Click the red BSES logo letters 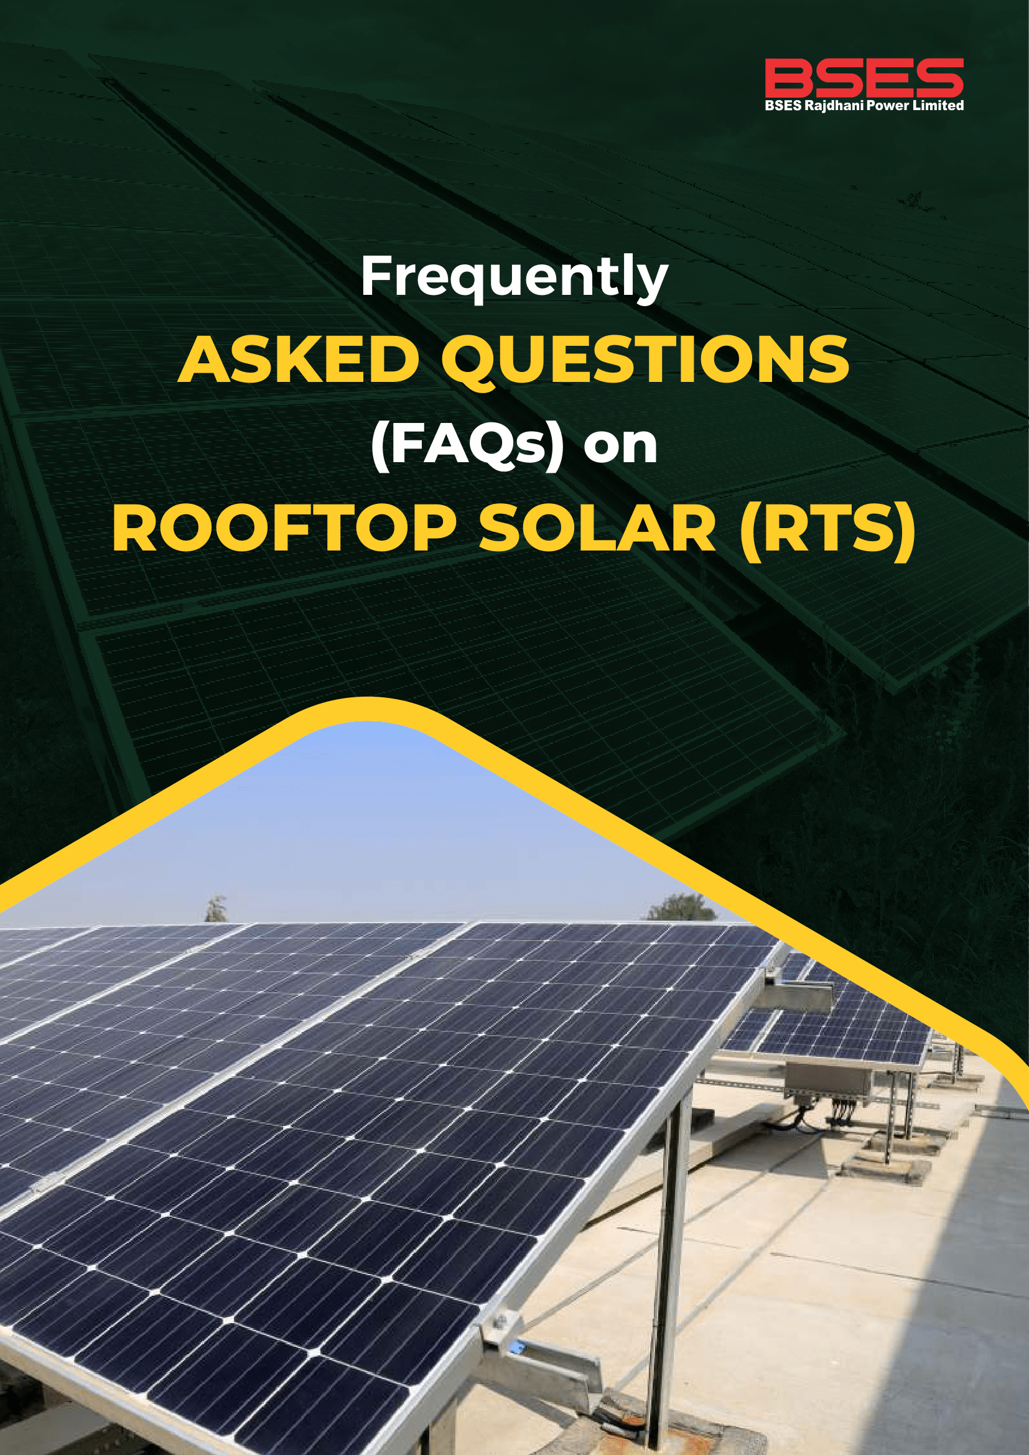864,78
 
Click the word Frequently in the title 514,277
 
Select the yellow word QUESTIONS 645,360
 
